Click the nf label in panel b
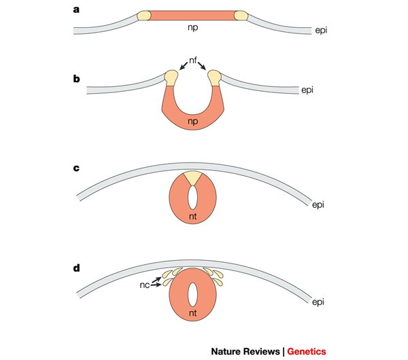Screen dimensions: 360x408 [193, 61]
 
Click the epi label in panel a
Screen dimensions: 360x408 [322, 31]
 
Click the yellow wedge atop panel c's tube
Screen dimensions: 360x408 [193, 178]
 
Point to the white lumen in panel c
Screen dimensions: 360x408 [193, 198]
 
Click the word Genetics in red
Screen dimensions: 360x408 [306, 351]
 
